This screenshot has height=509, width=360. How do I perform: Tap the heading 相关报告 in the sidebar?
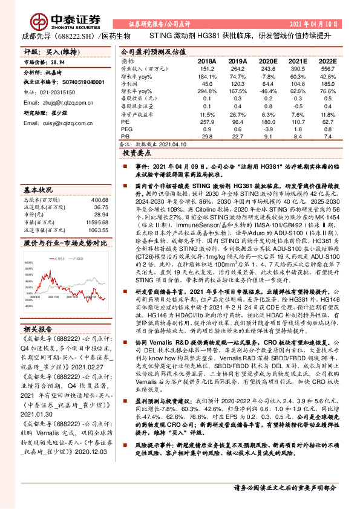[x=39, y=328]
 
